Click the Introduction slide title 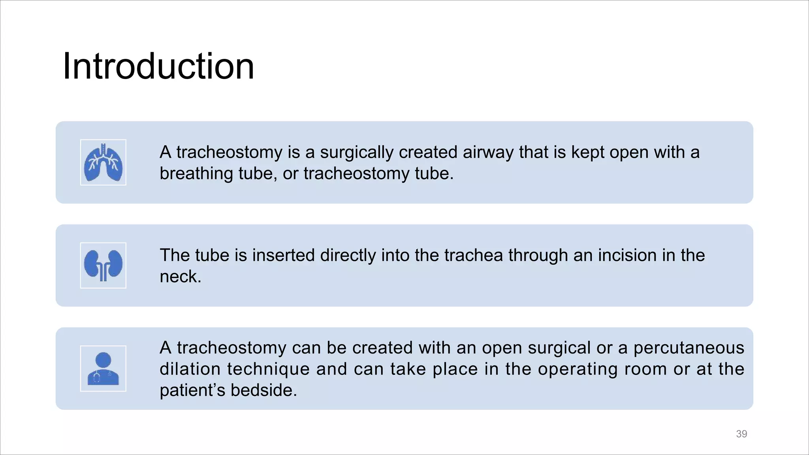coord(158,66)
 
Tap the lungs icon coord(103,162)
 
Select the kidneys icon coord(103,265)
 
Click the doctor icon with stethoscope coord(103,369)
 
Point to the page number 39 coord(741,434)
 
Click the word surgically coord(357,152)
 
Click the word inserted coord(284,256)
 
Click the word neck coord(180,277)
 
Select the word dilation coord(190,369)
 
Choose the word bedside coord(263,391)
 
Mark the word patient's coord(193,391)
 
